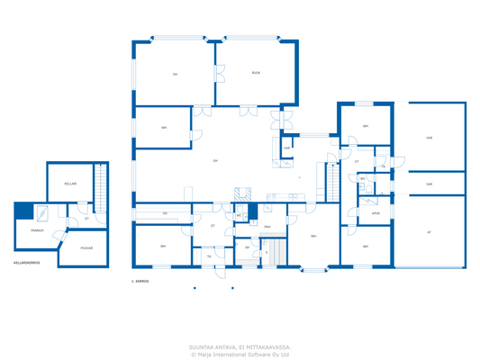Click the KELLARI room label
pyautogui.click(x=70, y=184)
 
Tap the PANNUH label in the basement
pyautogui.click(x=38, y=229)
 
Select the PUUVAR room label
pyautogui.click(x=87, y=247)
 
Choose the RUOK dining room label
pyautogui.click(x=256, y=72)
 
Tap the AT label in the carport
pyautogui.click(x=429, y=231)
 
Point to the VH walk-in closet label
pyautogui.click(x=165, y=213)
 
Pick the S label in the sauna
pyautogui.click(x=267, y=253)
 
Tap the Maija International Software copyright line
pyautogui.click(x=240, y=354)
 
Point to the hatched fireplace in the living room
pyautogui.click(x=241, y=193)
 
